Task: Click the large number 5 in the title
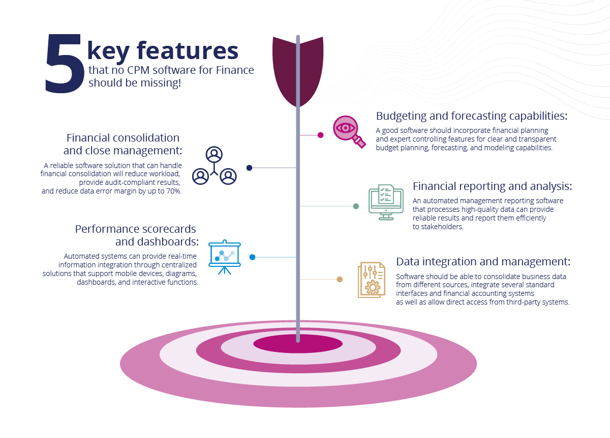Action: [65, 63]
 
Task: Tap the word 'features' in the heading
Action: [188, 50]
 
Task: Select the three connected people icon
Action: [215, 166]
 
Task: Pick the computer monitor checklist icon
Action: [386, 202]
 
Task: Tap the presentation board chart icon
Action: [225, 257]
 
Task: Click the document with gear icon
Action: [372, 280]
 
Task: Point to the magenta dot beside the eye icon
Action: [321, 135]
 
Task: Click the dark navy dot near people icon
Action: [249, 168]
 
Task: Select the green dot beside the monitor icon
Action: [356, 206]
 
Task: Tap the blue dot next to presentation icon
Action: [253, 257]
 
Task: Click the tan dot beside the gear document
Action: [340, 279]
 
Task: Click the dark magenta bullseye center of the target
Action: [298, 344]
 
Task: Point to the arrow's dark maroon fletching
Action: [298, 71]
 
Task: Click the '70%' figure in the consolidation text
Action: [174, 191]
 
